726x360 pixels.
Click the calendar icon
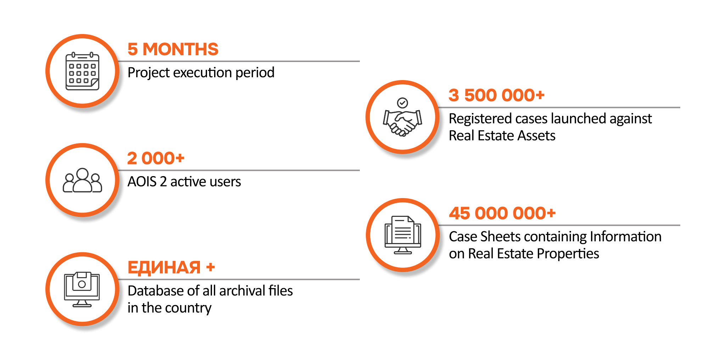pos(82,71)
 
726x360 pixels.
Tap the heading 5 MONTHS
pos(173,49)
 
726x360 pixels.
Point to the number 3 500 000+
pos(496,95)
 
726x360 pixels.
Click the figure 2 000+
pos(156,158)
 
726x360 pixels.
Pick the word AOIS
pos(142,182)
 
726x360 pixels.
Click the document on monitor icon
pos(403,235)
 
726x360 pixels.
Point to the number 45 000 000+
pos(502,213)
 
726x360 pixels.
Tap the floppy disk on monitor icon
pos(82,289)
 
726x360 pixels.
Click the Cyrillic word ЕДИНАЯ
pos(164,268)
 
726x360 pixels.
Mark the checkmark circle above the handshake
pos(402,103)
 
